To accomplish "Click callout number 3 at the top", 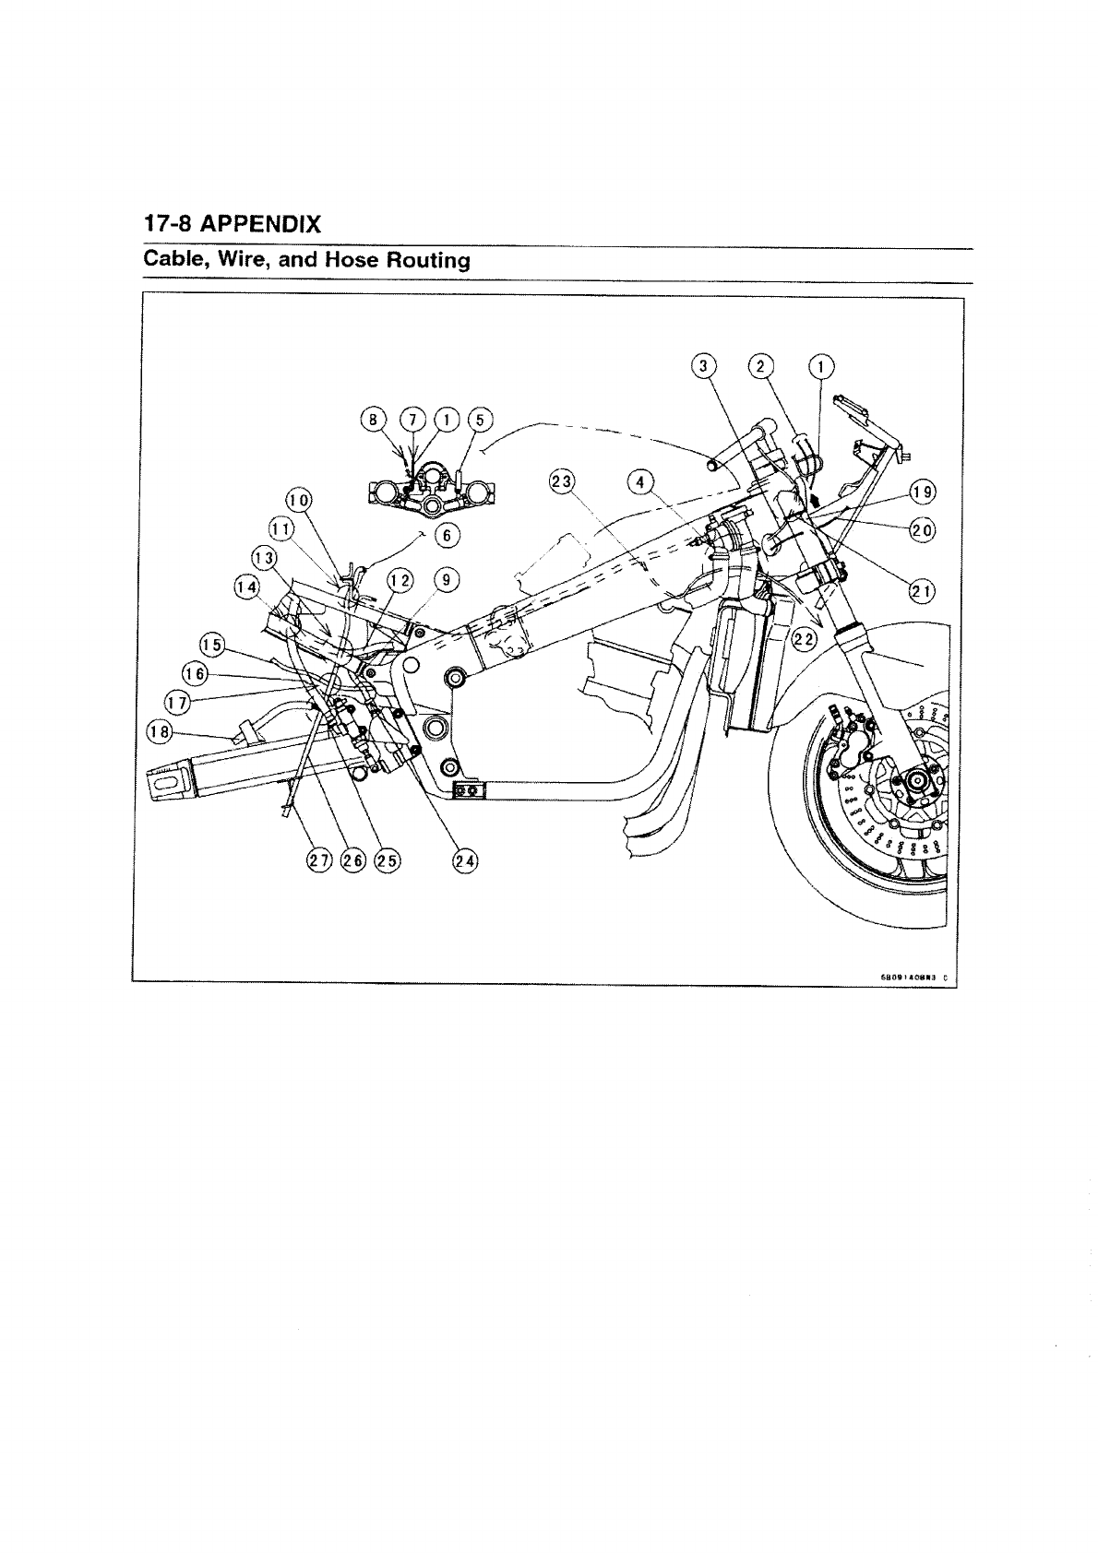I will (704, 367).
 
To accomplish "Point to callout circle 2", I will (761, 367).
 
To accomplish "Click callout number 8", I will (373, 420).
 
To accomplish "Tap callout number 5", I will (479, 420).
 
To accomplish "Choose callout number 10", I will (298, 501).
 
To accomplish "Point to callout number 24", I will (464, 861).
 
